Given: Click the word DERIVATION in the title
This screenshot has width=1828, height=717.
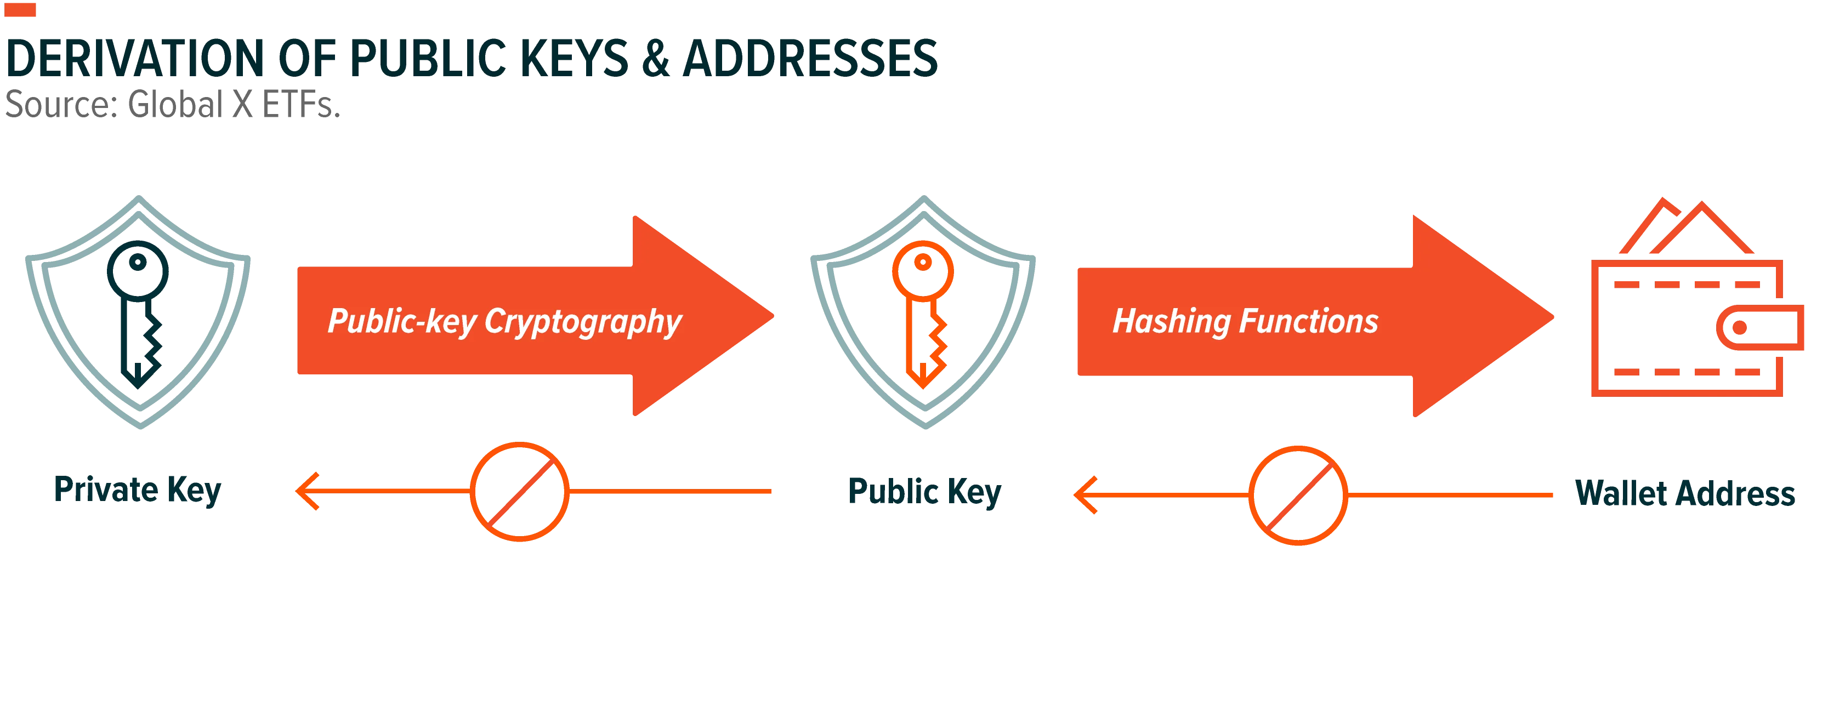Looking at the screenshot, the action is (x=135, y=58).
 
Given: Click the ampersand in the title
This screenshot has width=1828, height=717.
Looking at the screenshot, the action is (x=656, y=58).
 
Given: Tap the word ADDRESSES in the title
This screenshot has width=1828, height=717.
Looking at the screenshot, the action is (x=810, y=58).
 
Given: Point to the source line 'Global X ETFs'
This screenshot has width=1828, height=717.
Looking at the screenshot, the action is (x=234, y=104).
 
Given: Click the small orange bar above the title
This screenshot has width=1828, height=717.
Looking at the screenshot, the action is (x=20, y=10).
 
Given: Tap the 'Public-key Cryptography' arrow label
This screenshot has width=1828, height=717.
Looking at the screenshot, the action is (x=504, y=321).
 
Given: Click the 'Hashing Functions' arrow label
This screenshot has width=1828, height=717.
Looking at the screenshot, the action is (x=1245, y=321).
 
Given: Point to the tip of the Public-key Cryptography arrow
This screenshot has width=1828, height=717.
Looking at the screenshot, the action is (x=774, y=316).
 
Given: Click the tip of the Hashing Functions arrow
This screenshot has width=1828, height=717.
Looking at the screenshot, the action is (x=1553, y=316).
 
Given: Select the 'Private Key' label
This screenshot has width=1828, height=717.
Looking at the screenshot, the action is (x=138, y=490).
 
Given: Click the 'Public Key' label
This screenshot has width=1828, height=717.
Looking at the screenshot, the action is (x=924, y=492).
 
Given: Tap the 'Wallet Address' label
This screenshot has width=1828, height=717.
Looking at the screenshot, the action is (x=1685, y=493).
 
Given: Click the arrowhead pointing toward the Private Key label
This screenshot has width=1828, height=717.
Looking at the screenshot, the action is (x=306, y=491).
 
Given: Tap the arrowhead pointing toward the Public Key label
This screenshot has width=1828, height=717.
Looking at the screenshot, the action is (x=1085, y=495).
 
